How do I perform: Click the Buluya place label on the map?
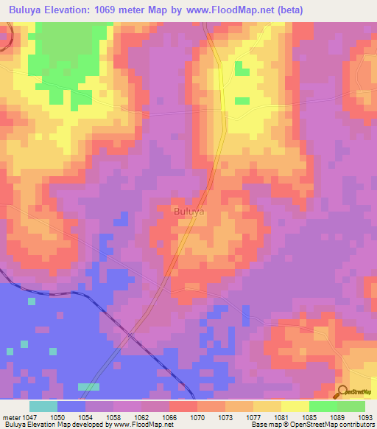tap(189, 212)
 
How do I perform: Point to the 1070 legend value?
tap(197, 416)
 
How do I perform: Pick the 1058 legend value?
tap(113, 416)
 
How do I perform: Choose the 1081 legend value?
tap(281, 416)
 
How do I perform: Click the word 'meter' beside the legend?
tap(10, 416)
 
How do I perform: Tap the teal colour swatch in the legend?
tap(43, 406)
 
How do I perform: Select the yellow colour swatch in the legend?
tap(295, 406)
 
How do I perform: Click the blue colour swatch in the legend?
tap(71, 406)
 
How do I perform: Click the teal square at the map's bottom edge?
tap(88, 387)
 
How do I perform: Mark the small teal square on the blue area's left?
tap(31, 301)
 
